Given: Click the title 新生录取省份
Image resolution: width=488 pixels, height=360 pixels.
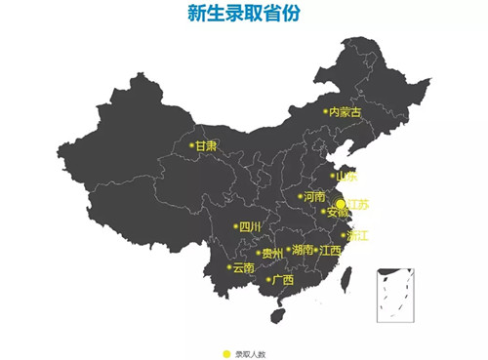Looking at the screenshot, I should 244,13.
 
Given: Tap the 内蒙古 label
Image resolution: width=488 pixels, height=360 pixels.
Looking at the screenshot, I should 346,113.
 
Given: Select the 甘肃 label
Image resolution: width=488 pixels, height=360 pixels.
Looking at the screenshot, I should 206,146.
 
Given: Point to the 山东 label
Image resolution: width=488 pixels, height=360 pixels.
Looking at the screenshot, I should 347,177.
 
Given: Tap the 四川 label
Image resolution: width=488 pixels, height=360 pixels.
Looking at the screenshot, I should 251,228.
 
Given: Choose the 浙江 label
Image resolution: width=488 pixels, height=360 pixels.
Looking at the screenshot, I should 358,235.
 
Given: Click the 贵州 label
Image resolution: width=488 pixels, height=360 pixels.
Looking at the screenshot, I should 272,254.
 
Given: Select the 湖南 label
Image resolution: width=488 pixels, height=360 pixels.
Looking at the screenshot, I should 303,250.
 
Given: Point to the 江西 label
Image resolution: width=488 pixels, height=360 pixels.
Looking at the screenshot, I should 331,250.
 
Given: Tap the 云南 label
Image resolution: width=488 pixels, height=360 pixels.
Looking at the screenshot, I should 244,267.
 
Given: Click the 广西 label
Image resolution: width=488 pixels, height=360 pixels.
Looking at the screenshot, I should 283,281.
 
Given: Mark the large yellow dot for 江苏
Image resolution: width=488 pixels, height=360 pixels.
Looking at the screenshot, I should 340,203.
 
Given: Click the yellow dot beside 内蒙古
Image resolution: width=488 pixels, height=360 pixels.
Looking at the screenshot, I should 326,112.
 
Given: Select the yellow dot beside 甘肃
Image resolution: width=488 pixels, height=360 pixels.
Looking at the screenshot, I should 191,146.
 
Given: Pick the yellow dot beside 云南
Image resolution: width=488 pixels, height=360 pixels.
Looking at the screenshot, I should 229,267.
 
